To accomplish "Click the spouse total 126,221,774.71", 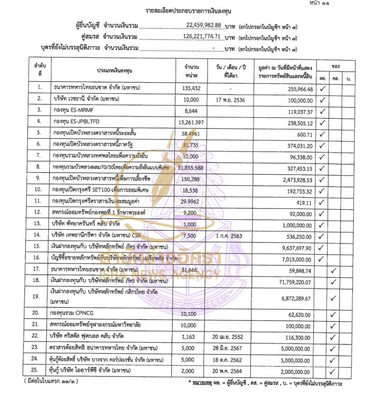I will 202,36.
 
